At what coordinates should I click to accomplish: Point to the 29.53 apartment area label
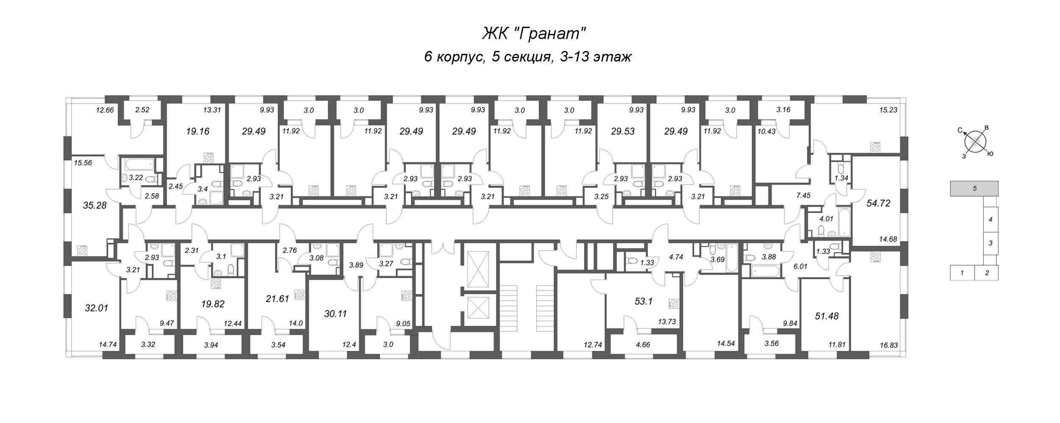click(623, 131)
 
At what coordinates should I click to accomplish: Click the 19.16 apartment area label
click(198, 131)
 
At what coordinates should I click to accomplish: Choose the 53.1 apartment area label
click(643, 302)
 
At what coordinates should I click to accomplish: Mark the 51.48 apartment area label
click(827, 316)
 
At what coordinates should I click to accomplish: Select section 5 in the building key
click(974, 188)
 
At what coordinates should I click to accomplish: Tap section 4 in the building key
click(990, 220)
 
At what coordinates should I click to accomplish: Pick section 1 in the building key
click(962, 273)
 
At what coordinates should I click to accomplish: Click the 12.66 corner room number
click(105, 110)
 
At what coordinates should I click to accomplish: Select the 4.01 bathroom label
click(827, 219)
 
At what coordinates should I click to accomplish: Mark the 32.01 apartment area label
click(97, 308)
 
